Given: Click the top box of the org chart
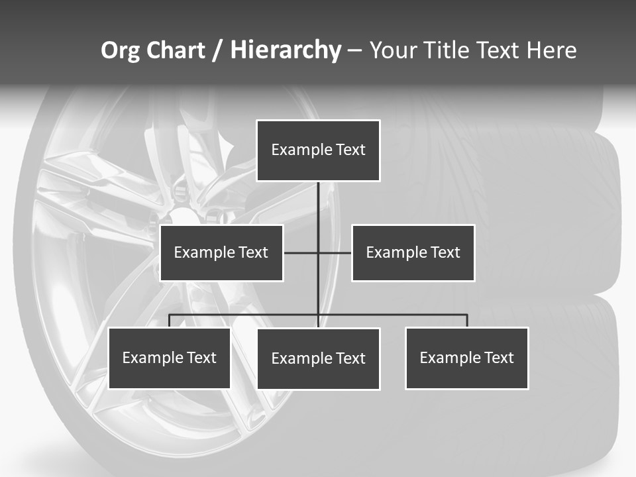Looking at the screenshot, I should [x=318, y=150].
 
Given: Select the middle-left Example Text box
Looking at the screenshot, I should [x=221, y=252].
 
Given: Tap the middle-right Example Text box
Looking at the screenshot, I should [x=413, y=252].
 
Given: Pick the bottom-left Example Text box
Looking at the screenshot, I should [x=169, y=358].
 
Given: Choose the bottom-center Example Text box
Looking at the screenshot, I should [x=318, y=358].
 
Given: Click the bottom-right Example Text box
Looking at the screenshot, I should [x=466, y=358].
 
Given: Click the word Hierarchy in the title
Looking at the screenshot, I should [x=286, y=50].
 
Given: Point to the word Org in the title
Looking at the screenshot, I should [x=120, y=50].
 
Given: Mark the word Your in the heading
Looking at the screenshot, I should [x=392, y=50].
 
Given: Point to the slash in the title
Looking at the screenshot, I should [x=217, y=50].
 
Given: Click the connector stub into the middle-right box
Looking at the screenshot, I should [x=335, y=252].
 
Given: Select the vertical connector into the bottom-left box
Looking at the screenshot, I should [x=169, y=321].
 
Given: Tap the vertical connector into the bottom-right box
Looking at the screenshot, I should [x=467, y=321].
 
